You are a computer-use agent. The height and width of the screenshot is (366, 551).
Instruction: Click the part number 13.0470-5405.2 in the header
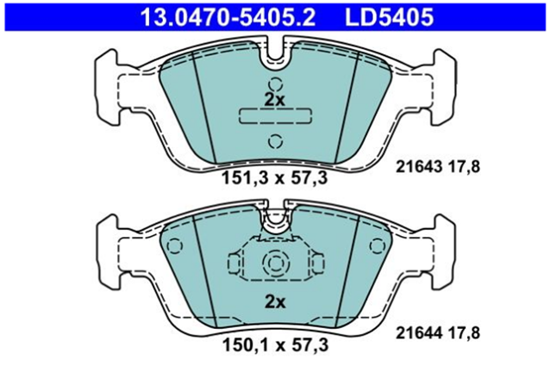[x=228, y=17]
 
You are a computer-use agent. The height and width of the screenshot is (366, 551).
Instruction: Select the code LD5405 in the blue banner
[x=390, y=17]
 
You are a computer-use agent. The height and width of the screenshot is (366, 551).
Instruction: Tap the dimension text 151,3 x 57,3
[x=274, y=178]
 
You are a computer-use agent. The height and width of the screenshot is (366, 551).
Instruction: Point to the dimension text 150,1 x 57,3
[x=276, y=345]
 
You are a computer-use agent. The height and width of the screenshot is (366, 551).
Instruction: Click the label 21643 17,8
[x=438, y=166]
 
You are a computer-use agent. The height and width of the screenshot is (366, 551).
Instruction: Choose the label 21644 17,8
[x=438, y=332]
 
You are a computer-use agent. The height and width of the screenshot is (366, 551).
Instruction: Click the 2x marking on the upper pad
[x=275, y=100]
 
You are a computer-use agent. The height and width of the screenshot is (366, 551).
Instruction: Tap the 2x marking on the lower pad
[x=275, y=301]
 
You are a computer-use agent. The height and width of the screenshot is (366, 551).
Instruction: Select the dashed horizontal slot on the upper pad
[x=275, y=116]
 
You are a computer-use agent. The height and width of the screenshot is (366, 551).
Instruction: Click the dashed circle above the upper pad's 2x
[x=276, y=84]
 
